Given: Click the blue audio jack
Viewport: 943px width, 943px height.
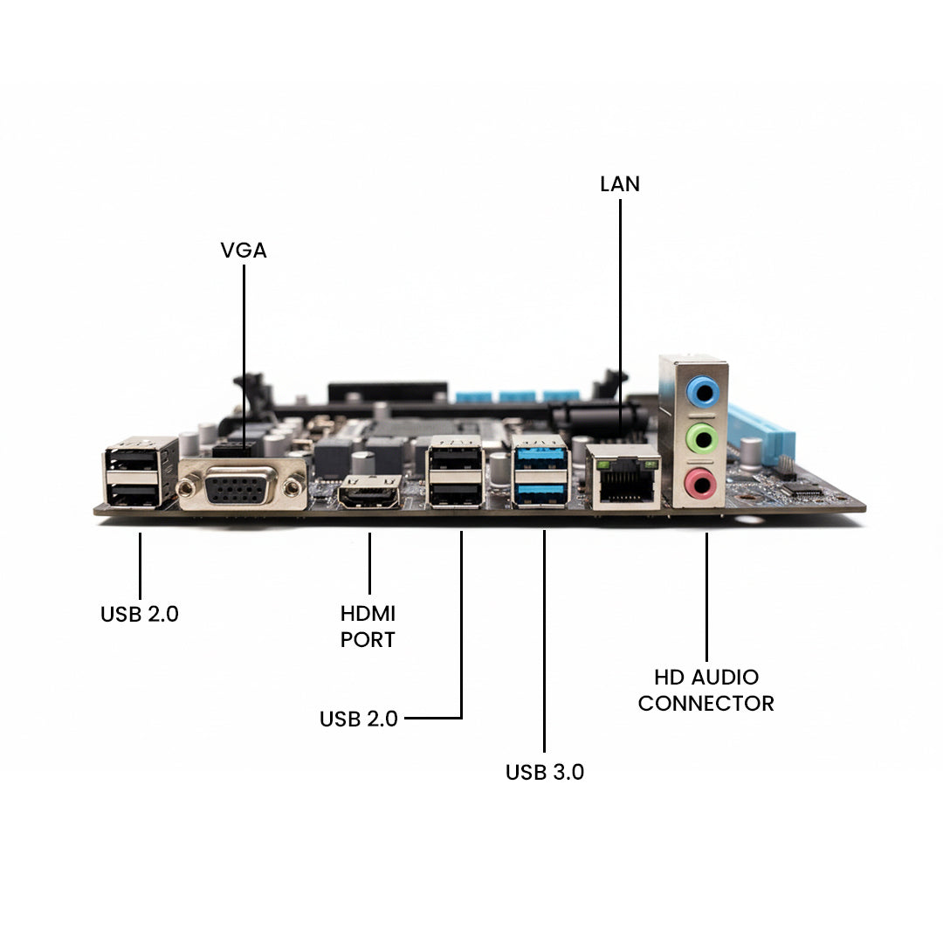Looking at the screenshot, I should (701, 391).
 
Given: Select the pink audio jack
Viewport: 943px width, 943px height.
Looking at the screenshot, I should (700, 482).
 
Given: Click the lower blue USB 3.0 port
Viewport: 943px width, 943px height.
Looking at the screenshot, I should (541, 494).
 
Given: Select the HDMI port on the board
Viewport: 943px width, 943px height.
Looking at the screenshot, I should (371, 495).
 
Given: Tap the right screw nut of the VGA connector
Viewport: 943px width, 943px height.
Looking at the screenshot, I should (293, 487).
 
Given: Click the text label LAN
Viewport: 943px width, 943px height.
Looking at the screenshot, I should (620, 184).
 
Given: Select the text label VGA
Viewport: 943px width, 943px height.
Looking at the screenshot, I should (244, 251).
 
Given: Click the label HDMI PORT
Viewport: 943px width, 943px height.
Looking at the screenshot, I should (368, 626).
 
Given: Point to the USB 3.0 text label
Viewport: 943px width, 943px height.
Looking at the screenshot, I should (545, 772).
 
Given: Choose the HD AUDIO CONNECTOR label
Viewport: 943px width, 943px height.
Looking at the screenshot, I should (706, 690).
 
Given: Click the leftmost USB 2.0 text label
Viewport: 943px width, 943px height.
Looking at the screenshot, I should (140, 614).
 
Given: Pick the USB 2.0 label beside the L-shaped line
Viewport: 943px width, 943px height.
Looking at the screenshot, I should (359, 719).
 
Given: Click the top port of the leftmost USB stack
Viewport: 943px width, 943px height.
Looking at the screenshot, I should (133, 461).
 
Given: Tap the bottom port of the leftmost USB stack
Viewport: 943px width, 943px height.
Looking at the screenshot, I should (133, 495).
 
